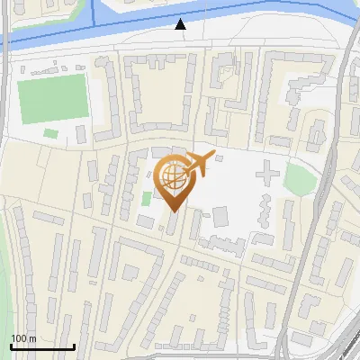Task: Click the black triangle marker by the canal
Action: click(x=181, y=24)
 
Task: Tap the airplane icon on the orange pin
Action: click(x=199, y=164)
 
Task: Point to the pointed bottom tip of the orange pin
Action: click(x=172, y=211)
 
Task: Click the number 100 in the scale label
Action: click(x=19, y=338)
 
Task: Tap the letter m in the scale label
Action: click(x=32, y=338)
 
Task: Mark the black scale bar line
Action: click(x=41, y=346)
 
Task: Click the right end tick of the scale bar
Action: click(x=74, y=345)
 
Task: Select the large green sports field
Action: click(x=53, y=99)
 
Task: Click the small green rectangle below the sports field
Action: click(x=51, y=133)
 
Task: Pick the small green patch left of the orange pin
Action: click(x=147, y=197)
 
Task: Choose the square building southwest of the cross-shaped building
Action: click(x=221, y=216)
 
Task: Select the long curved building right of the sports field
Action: click(x=106, y=99)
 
